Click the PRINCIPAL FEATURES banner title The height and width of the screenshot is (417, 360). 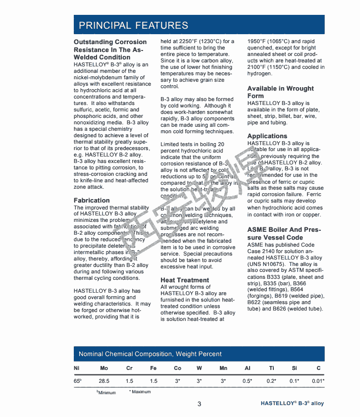pyautogui.click(x=133, y=25)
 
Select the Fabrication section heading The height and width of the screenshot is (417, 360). pyautogui.click(x=92, y=201)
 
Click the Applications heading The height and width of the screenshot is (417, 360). pyautogui.click(x=267, y=136)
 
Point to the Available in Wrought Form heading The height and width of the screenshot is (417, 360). pyautogui.click(x=280, y=92)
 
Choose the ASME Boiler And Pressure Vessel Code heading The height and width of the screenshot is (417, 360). pyautogui.click(x=285, y=234)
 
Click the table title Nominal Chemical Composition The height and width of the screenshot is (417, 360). pyautogui.click(x=150, y=354)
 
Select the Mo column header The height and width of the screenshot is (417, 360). pyautogui.click(x=104, y=368)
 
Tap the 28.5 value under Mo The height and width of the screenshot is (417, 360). pyautogui.click(x=104, y=381)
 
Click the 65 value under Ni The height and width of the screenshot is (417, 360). pyautogui.click(x=77, y=381)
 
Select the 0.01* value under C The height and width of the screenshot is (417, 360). pyautogui.click(x=318, y=381)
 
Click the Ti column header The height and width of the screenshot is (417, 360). pyautogui.click(x=271, y=368)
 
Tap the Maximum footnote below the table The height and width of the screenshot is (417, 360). pyautogui.click(x=140, y=392)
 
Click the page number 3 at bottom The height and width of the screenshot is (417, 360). pyautogui.click(x=200, y=404)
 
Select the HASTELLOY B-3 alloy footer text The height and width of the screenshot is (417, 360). pyautogui.click(x=292, y=403)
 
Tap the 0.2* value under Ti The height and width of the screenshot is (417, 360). pyautogui.click(x=271, y=381)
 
